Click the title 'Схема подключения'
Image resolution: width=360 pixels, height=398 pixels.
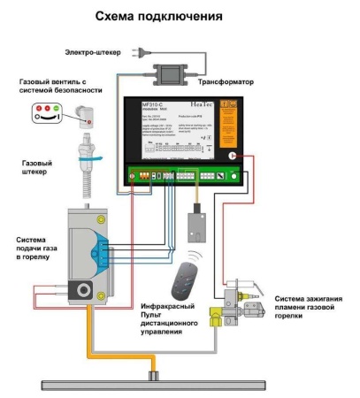tap(180, 17)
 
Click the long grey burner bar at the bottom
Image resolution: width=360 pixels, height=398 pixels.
tap(159, 383)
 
